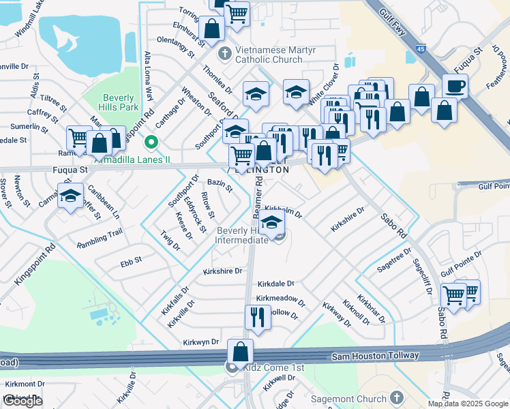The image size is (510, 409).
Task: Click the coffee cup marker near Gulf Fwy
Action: (x=455, y=86)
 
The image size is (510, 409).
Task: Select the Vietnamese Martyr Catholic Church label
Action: (x=268, y=55)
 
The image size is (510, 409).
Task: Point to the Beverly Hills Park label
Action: (x=120, y=102)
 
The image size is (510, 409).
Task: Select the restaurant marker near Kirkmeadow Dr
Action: (x=258, y=317)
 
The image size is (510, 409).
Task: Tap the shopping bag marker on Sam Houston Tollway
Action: (x=240, y=352)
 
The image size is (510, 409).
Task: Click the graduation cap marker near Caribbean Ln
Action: (x=70, y=196)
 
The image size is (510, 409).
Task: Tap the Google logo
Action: (x=22, y=401)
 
